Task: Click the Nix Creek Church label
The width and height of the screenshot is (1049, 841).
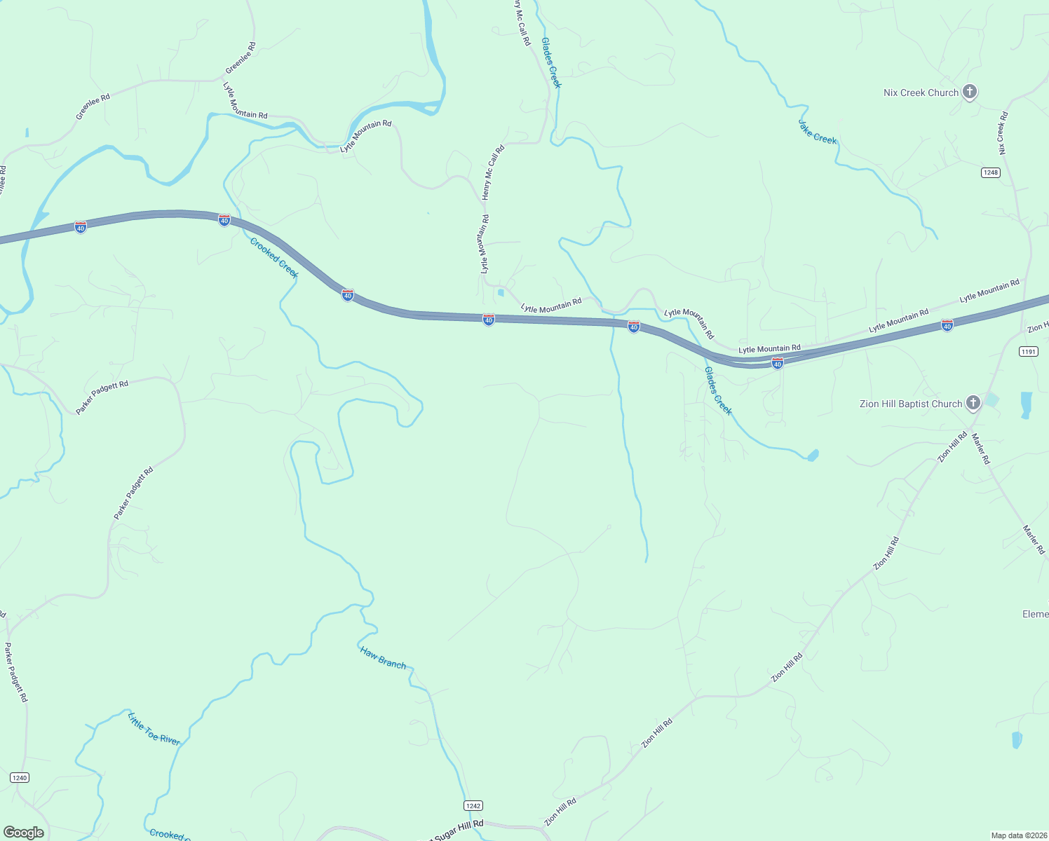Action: tap(921, 93)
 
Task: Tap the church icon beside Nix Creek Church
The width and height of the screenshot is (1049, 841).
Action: tap(970, 92)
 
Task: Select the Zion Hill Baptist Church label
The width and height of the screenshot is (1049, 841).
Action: tap(911, 404)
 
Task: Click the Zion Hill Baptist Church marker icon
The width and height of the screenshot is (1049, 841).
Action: tap(973, 403)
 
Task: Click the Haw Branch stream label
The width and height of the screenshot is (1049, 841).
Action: tap(383, 657)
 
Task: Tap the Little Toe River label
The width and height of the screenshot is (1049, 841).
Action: tap(154, 728)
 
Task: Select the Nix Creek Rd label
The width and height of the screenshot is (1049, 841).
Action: tap(1003, 133)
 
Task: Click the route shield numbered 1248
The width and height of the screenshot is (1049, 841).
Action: tap(990, 172)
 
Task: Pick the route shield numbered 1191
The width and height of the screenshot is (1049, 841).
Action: tap(1028, 352)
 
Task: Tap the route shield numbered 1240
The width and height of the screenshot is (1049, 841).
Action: tap(20, 778)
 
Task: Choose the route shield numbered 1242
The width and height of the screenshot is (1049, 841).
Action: tap(473, 806)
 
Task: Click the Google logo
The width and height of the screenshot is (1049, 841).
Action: tap(24, 833)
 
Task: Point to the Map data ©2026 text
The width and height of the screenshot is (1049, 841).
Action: tap(1018, 835)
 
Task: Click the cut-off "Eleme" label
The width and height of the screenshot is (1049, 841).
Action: tap(1035, 614)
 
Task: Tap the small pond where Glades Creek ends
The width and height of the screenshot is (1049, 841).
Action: tap(813, 456)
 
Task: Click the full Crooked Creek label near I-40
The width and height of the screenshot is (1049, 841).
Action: tap(274, 257)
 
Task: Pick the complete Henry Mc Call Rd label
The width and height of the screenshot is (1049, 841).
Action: tap(493, 172)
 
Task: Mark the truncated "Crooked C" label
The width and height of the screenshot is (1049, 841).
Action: tap(168, 834)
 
